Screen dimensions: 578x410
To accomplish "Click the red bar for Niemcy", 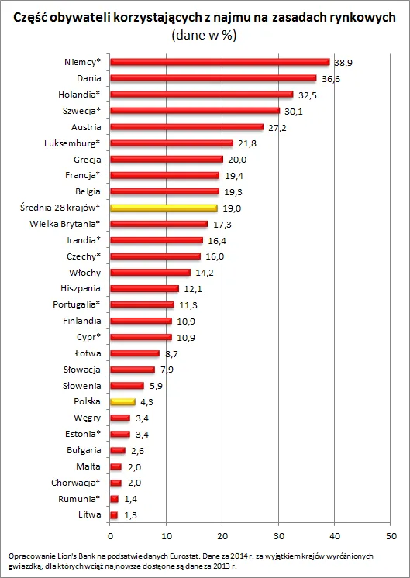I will point(219,62).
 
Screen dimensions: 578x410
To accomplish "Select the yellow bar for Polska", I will point(122,401).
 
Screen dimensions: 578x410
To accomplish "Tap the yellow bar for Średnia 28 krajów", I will point(164,208).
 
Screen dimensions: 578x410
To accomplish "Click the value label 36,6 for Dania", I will point(332,78).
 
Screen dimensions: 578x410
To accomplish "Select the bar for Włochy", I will point(150,272).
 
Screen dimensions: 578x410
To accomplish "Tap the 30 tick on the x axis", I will point(278,535).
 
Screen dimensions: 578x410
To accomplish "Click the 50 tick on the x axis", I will point(390,535).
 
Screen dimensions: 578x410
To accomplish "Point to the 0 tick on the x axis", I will point(111,535).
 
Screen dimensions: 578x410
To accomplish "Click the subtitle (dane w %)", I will point(205,35).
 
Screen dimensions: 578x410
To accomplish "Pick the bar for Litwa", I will point(114,514).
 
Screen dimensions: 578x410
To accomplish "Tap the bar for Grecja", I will point(167,159).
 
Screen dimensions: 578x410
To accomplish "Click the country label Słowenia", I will point(81,385).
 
